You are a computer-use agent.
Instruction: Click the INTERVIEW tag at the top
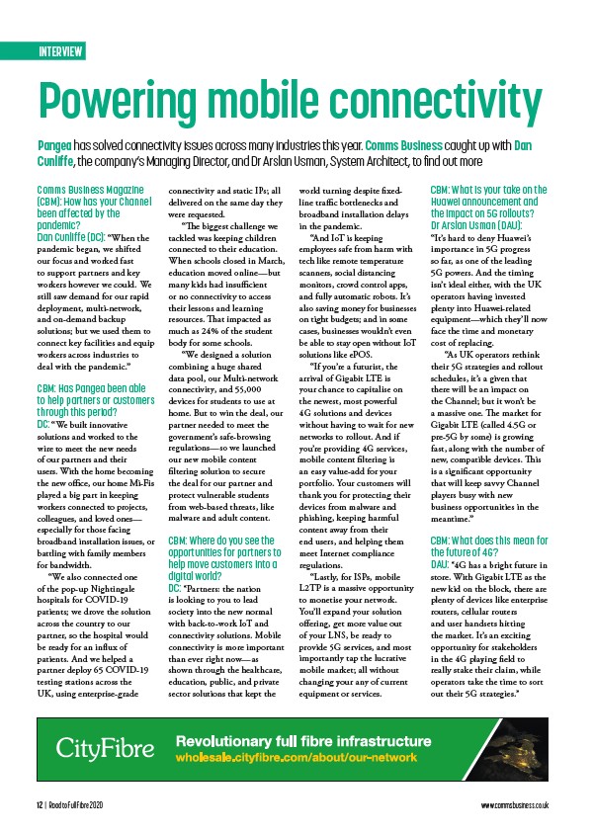60,51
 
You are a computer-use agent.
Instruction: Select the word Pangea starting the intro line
55,145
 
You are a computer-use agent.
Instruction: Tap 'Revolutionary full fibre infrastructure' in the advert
302,741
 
